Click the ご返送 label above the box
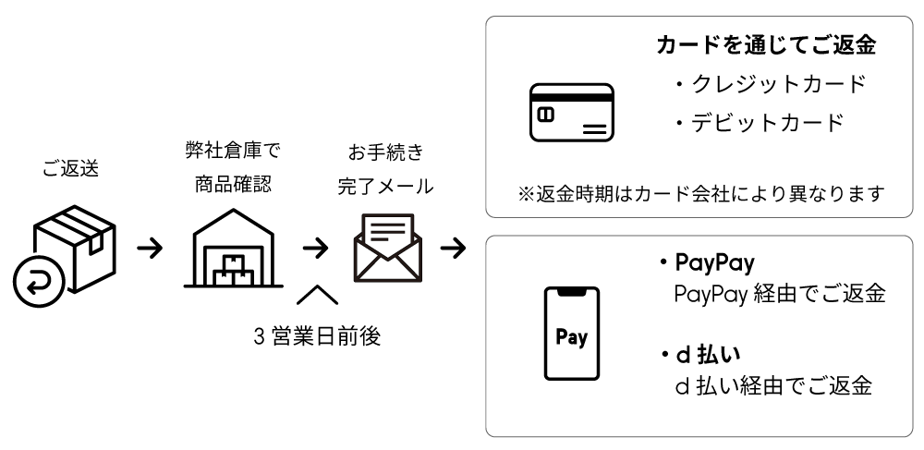(x=70, y=169)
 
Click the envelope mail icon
(x=388, y=247)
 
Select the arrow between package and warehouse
(x=150, y=249)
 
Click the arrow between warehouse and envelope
(x=316, y=249)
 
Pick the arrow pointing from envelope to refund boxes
(x=453, y=249)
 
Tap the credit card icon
(x=571, y=114)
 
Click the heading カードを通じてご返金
(x=765, y=45)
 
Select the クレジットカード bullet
(x=769, y=84)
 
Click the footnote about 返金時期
(x=700, y=193)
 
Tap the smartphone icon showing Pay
(x=571, y=334)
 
